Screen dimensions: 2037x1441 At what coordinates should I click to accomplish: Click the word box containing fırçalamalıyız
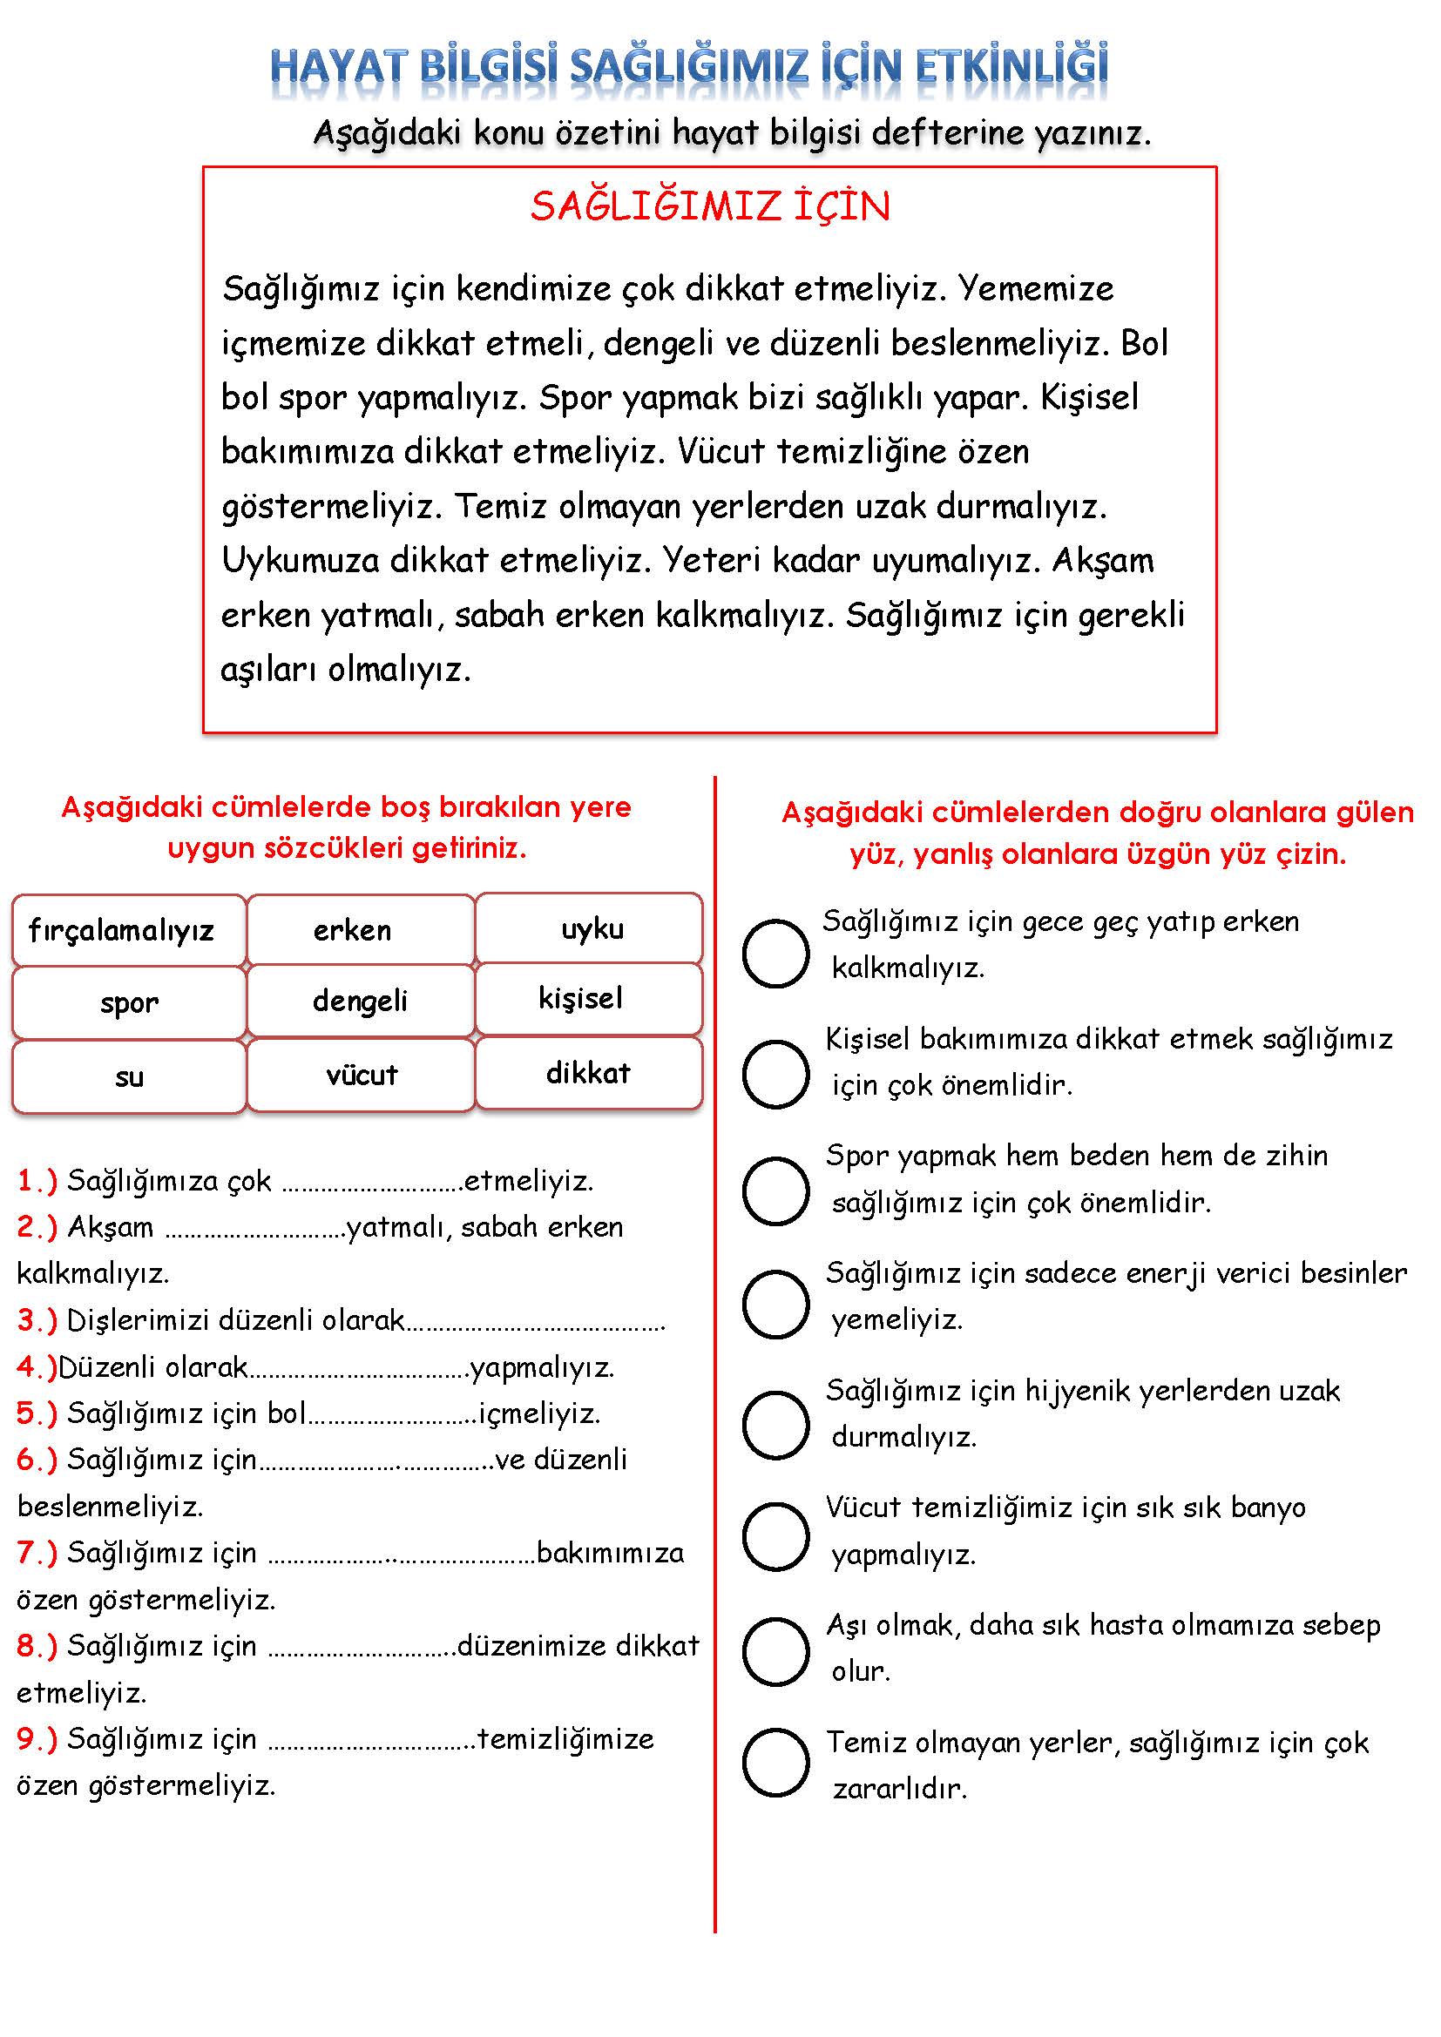point(129,930)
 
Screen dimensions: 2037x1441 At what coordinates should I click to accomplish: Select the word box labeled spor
point(129,1002)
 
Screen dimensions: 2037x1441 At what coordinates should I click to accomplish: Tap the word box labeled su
point(129,1076)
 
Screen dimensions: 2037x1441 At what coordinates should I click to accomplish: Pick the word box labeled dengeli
point(361,1001)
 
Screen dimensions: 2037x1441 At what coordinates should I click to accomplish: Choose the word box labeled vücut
point(361,1075)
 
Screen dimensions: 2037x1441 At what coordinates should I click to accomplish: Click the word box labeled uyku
point(589,928)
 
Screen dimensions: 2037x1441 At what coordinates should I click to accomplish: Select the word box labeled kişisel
point(589,998)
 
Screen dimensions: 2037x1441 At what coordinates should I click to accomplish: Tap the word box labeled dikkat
point(589,1073)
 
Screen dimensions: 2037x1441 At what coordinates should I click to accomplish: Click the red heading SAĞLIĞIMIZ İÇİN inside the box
point(710,206)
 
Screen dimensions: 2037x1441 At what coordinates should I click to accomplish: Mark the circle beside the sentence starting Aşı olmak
point(775,1651)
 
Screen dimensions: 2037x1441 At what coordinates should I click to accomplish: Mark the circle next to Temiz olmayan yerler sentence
point(775,1762)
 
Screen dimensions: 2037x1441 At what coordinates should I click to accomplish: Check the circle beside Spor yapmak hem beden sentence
point(775,1190)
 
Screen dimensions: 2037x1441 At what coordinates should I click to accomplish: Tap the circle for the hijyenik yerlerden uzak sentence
point(775,1425)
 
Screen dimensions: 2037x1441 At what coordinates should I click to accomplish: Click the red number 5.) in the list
point(37,1413)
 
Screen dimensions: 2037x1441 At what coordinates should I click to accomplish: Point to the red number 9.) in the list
point(37,1739)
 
